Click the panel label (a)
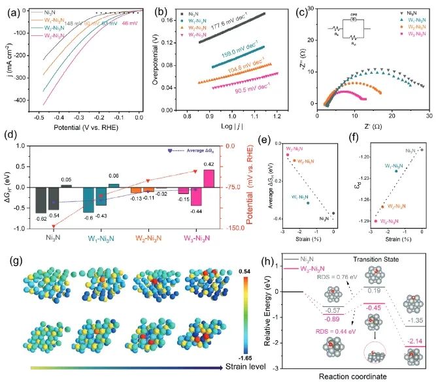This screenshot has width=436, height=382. click(x=12, y=8)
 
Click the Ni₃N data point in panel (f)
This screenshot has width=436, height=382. click(x=422, y=150)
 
